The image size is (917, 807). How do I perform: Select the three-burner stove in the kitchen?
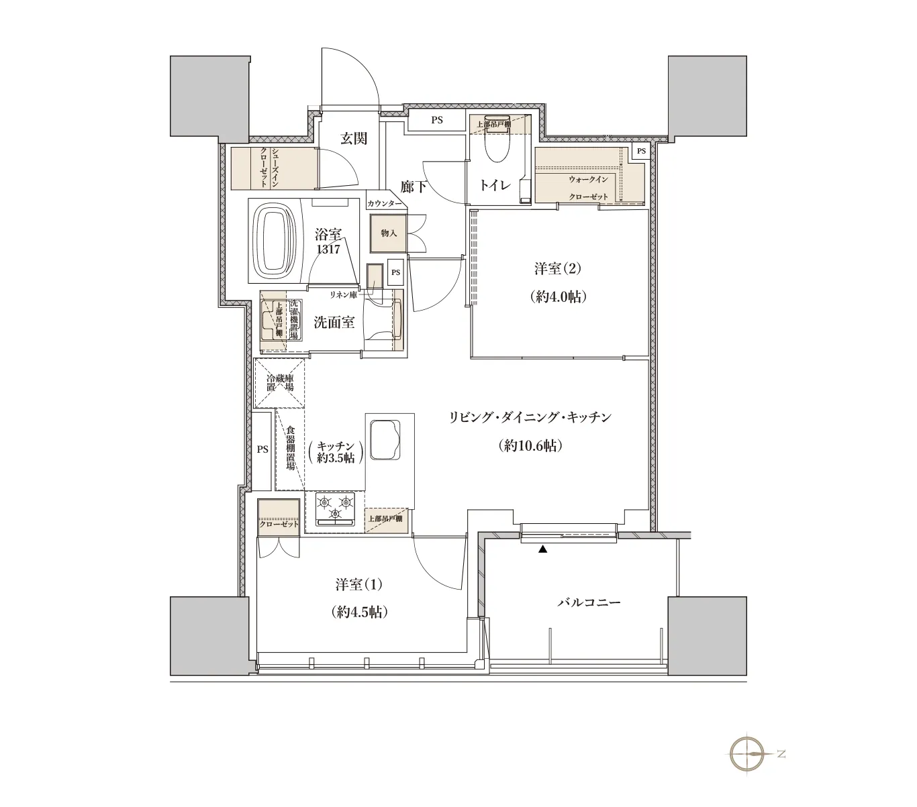pos(335,509)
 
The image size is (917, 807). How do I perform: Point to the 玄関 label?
pos(354,138)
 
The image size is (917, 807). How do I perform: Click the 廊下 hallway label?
pos(413,186)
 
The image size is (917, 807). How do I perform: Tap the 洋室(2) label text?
pos(558,269)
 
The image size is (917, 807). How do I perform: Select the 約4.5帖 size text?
pos(359,612)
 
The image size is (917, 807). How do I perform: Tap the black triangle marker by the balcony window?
pos(542,549)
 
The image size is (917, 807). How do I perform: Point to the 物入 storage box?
pos(388,233)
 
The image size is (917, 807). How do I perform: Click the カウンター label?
pos(384,203)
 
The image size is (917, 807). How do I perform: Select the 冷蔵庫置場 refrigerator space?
pos(280,382)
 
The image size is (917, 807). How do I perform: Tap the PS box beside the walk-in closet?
pos(641,151)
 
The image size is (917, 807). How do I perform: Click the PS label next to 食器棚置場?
pos(262,449)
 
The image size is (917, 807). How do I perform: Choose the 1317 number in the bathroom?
pos(328,250)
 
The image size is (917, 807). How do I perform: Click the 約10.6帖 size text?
pos(530,446)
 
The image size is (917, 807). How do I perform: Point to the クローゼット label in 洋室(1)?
pos(279,525)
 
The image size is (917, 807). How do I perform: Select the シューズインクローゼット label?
pos(269,168)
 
